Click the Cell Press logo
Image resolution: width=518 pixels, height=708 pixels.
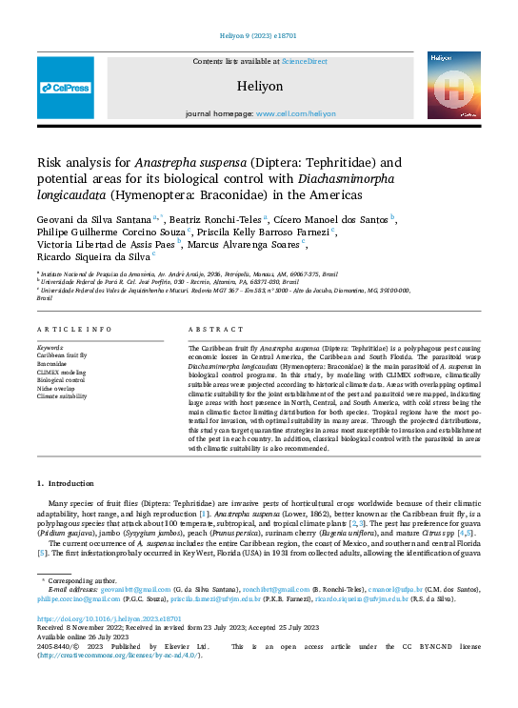66,88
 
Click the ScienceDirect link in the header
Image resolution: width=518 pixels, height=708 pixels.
304,61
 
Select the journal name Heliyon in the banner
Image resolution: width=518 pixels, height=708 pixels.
260,86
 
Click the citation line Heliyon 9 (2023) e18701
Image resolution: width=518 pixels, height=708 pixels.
258,37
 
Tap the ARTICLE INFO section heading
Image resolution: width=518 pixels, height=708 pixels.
74,329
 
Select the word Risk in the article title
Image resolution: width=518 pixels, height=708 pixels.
50,162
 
